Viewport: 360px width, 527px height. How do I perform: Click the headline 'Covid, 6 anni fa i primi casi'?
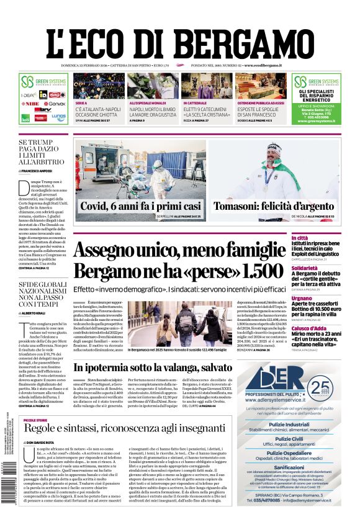point(140,206)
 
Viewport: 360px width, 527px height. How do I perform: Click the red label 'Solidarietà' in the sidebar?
point(321,268)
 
